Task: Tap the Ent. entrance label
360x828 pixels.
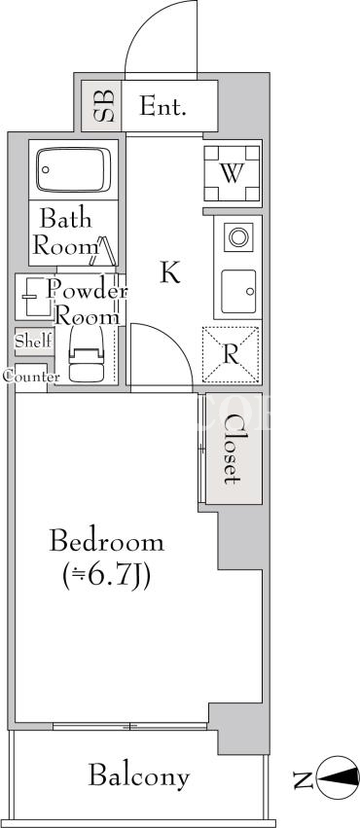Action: [163, 107]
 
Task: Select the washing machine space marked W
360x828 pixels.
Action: [233, 173]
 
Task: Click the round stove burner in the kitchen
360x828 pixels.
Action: [238, 237]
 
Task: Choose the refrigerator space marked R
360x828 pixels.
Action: [232, 355]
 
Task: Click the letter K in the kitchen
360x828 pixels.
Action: [170, 272]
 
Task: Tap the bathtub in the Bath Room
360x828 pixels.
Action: [73, 169]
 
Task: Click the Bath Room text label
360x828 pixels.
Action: [65, 233]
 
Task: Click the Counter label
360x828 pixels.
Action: [31, 378]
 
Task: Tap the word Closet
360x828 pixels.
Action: [231, 450]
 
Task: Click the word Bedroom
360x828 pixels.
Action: [107, 542]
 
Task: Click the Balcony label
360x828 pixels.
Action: [139, 776]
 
